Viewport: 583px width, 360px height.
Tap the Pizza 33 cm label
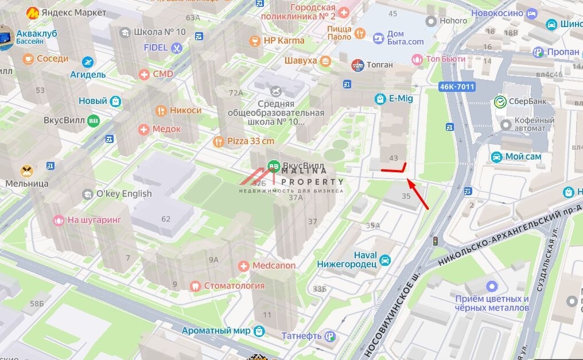tap(251, 141)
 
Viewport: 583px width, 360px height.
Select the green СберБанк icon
tap(500, 102)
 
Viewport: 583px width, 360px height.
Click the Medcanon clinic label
tap(274, 266)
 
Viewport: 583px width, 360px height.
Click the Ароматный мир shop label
tap(216, 331)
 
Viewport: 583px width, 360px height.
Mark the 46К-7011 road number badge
tap(457, 87)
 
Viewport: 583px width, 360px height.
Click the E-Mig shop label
tap(400, 99)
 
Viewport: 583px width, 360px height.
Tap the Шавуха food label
tap(301, 61)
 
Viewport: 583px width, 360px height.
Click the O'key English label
tap(123, 193)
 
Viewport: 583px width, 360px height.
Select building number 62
tap(166, 218)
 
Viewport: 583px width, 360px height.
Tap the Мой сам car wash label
tap(523, 157)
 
